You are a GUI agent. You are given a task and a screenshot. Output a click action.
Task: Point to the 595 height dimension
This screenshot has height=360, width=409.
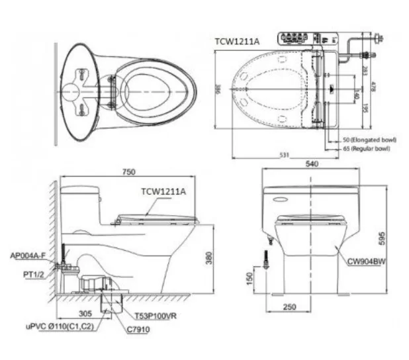394,238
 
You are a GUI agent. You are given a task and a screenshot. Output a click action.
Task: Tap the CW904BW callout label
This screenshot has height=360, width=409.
367,261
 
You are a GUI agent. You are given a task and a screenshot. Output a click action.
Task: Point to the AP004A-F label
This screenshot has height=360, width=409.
27,255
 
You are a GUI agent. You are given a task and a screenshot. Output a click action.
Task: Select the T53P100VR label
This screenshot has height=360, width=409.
158,316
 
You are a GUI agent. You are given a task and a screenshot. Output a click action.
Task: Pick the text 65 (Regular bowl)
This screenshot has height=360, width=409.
366,149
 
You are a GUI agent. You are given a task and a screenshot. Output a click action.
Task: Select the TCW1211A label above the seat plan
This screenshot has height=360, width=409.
237,41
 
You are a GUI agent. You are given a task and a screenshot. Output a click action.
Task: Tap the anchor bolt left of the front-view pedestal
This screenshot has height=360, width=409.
266,259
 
